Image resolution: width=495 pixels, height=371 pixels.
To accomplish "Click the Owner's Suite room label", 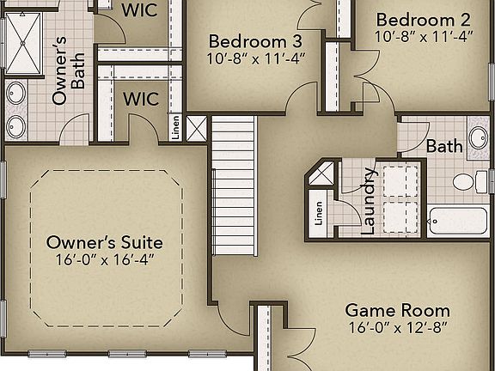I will [105, 242].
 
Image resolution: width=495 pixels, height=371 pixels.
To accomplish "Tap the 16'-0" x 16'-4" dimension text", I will [105, 258].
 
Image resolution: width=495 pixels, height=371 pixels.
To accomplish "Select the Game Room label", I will [397, 310].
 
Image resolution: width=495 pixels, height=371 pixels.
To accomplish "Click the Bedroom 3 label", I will [255, 41].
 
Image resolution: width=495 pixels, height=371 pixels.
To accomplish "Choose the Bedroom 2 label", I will [423, 20].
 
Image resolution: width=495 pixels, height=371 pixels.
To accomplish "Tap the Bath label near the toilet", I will [444, 146].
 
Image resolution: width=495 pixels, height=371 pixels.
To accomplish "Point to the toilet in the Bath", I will [465, 182].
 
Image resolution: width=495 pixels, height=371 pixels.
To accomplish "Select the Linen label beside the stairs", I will [175, 128].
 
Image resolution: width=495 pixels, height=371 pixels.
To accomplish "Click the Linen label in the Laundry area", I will [319, 212].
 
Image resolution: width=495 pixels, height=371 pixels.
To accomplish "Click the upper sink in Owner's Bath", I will [16, 93].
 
